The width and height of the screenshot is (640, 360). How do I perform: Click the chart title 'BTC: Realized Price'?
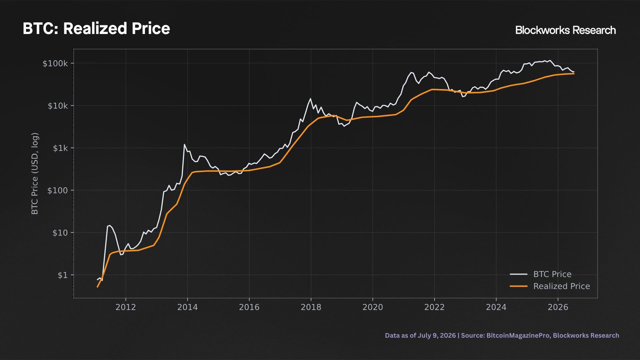pyautogui.click(x=96, y=29)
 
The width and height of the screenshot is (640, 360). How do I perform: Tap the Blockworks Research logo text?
pyautogui.click(x=565, y=30)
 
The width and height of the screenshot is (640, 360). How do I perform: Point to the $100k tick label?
pyautogui.click(x=55, y=63)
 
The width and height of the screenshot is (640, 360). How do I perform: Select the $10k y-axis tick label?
pyautogui.click(x=58, y=106)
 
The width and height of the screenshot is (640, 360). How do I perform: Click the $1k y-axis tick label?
pyautogui.click(x=60, y=148)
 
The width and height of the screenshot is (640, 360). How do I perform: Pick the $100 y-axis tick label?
pyautogui.click(x=58, y=190)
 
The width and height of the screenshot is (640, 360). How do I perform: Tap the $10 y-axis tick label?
pyautogui.click(x=60, y=233)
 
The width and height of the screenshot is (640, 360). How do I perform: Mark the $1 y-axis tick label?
pyautogui.click(x=63, y=275)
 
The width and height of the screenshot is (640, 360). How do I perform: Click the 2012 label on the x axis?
pyautogui.click(x=126, y=307)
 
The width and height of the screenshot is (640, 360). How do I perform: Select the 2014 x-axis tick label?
pyautogui.click(x=187, y=307)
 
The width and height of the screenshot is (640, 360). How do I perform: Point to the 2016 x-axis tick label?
pyautogui.click(x=249, y=307)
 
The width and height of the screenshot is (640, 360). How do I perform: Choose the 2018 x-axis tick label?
pyautogui.click(x=311, y=307)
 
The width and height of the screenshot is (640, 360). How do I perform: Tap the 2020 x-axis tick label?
pyautogui.click(x=373, y=307)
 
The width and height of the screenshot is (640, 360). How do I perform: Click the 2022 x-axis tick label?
pyautogui.click(x=434, y=307)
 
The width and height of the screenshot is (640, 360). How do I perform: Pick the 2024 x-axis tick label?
pyautogui.click(x=496, y=307)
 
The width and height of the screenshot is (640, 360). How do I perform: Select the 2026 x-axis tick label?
pyautogui.click(x=558, y=307)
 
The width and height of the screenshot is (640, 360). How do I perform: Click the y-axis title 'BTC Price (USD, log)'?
pyautogui.click(x=35, y=174)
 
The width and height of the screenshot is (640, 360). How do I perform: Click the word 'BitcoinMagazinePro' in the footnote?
pyautogui.click(x=518, y=336)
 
